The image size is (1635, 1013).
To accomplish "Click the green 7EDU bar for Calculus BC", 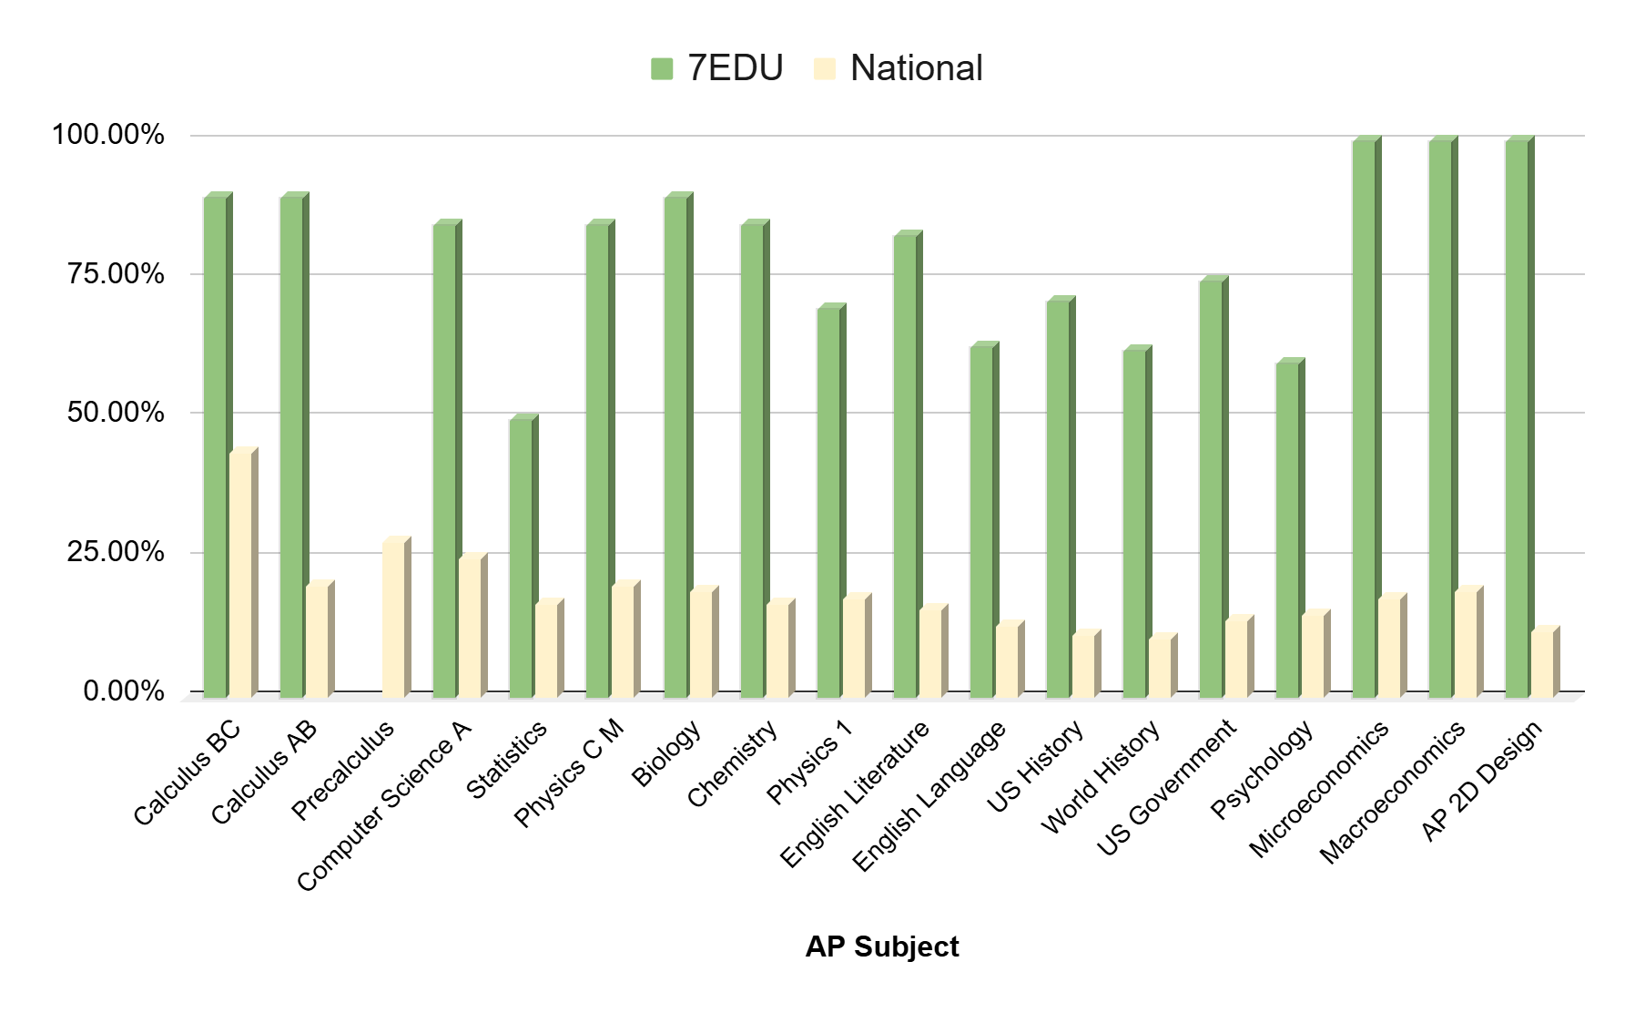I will (215, 446).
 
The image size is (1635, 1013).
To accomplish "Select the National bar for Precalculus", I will (393, 619).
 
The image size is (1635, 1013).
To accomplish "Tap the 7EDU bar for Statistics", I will (521, 558).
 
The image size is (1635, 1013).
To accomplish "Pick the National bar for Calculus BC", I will (240, 574).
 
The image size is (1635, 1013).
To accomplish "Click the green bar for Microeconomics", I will (1364, 419).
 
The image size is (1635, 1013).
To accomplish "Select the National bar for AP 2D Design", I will (1542, 663).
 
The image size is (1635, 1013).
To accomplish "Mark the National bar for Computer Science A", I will (470, 627).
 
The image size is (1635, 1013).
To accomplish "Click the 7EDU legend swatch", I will (662, 68).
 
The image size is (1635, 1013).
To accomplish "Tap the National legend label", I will (916, 68).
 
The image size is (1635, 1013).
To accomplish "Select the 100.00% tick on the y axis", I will (108, 136).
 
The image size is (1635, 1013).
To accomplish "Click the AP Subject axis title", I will (881, 947).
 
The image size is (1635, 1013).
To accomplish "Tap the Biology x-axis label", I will (667, 754).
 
